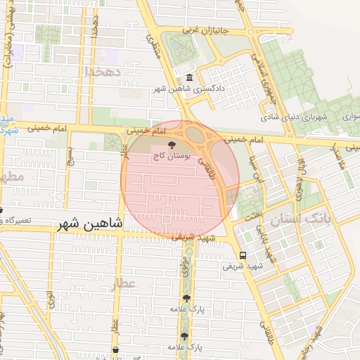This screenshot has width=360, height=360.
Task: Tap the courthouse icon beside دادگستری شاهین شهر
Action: click(x=188, y=78)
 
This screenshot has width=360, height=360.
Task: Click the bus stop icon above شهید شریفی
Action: click(x=243, y=255)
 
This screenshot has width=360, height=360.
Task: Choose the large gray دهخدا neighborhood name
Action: click(x=103, y=72)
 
